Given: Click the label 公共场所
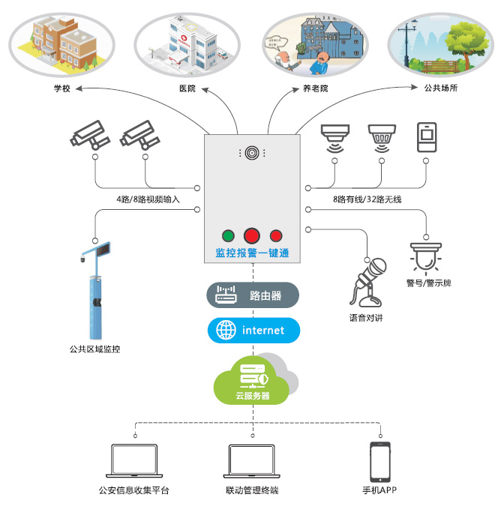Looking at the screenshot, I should [440, 88].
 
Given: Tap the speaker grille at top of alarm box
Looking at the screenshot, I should [252, 152].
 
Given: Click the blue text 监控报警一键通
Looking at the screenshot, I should [252, 253].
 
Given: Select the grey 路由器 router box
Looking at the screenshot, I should [253, 296].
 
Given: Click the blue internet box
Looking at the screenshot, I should [253, 330].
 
